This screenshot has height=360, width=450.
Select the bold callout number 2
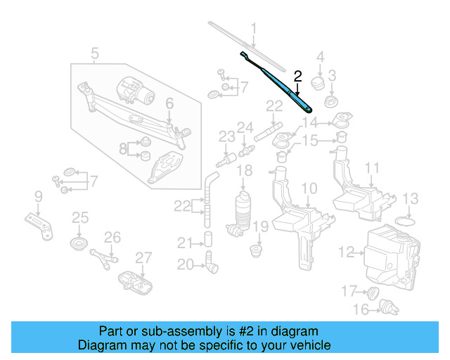[297, 76]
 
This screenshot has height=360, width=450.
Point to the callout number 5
[95, 53]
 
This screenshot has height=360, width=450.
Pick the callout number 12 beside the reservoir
[347, 251]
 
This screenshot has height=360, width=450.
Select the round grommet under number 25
[79, 245]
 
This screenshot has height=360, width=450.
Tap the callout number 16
[361, 309]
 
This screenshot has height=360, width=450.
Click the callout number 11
[372, 168]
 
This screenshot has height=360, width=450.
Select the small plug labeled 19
[257, 250]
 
